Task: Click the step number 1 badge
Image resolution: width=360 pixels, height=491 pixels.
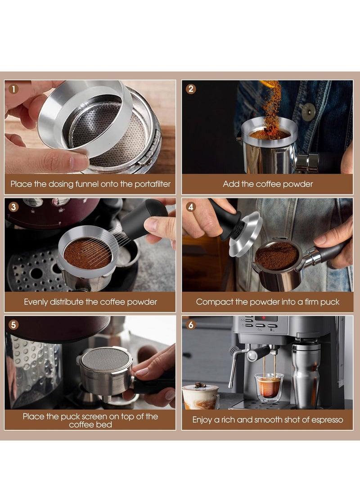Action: click(x=13, y=89)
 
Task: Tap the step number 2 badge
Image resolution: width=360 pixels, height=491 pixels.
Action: click(x=191, y=89)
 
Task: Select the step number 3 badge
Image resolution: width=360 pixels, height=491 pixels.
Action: click(x=13, y=207)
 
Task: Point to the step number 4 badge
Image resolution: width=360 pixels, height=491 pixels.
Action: click(x=191, y=207)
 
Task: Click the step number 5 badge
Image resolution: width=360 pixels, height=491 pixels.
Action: click(x=13, y=325)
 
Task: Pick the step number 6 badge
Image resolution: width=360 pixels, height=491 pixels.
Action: click(x=191, y=325)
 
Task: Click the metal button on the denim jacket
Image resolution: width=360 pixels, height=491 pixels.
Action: click(x=308, y=111)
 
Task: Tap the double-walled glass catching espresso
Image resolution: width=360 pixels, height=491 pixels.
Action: click(x=269, y=387)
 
